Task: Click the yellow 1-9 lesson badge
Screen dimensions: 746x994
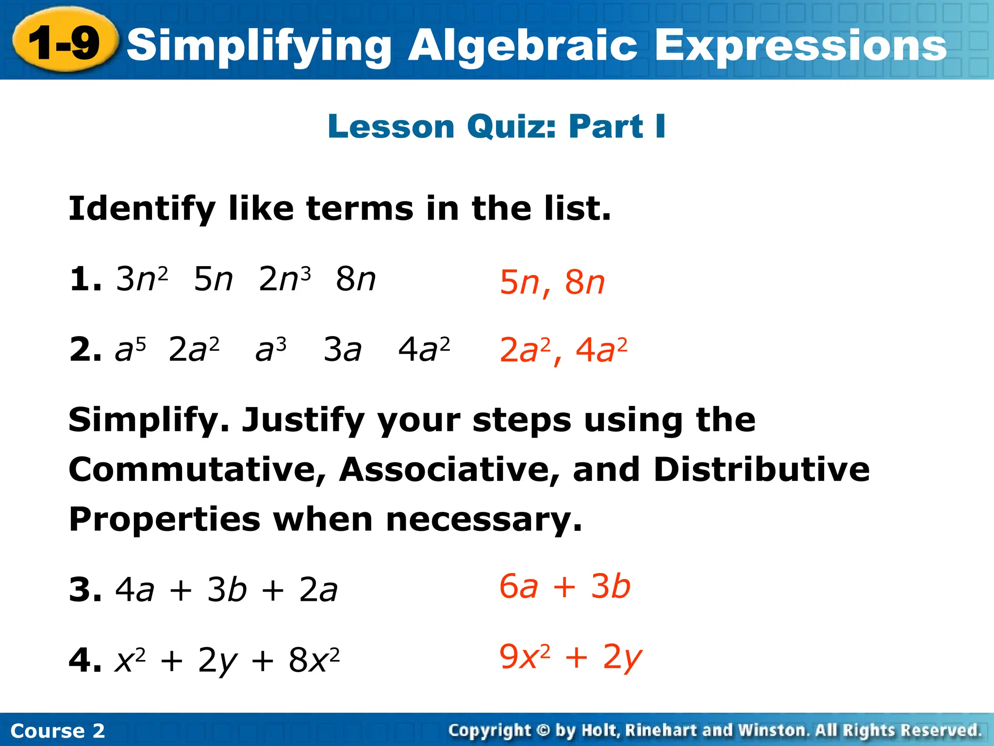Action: [x=65, y=43]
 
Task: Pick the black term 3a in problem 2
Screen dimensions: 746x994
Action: [x=343, y=349]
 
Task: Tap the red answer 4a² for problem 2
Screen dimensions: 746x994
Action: [x=601, y=350]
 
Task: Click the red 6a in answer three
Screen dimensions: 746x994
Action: [x=518, y=586]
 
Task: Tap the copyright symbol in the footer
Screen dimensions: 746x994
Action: [x=544, y=730]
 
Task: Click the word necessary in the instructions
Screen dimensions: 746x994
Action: [x=483, y=520]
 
